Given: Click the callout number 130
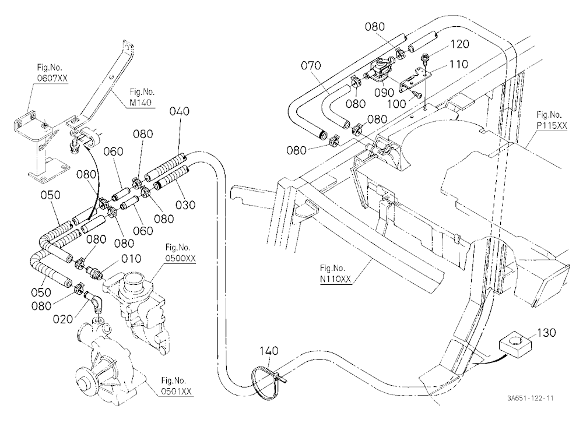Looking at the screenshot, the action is coord(546,332).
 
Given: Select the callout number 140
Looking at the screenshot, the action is coord(269,351).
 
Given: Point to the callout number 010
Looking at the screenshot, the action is coord(131,258).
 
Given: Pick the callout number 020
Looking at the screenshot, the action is coord(63,319).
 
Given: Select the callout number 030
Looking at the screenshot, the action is coord(185,205).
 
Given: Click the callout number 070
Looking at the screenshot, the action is coord(311,65).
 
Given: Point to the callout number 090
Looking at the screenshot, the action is coord(384,93).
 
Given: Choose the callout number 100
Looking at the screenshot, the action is coord(397,104).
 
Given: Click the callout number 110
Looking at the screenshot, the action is coord(459,64).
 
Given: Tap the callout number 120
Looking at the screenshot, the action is coord(460,44).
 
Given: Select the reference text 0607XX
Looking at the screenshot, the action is coord(52,78).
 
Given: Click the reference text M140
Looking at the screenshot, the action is coord(141,102).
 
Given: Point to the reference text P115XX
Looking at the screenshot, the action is coord(552,126).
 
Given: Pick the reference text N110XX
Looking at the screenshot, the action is coord(335,279).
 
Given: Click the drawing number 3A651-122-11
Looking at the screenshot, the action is coord(530,399).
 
